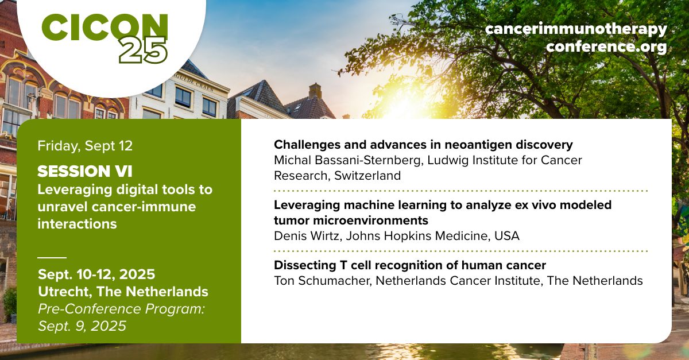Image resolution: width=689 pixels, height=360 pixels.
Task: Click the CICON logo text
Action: pos(104,27)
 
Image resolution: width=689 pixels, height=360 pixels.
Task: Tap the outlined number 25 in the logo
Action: pos(144,51)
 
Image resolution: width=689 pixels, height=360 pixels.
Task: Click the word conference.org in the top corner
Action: pos(606,47)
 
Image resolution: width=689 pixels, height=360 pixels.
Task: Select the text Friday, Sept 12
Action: pos(85,145)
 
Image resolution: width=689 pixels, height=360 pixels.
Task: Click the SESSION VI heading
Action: pos(85,171)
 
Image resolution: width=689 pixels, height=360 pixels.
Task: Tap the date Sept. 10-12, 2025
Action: pos(96,274)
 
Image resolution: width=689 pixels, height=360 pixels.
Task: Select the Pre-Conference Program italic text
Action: pos(121,309)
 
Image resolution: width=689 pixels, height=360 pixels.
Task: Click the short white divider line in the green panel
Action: pos(52,258)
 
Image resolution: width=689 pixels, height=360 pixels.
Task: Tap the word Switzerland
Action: pos(367,176)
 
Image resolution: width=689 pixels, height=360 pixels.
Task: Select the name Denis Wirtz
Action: pos(308,236)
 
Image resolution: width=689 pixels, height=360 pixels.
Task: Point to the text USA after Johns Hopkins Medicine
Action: pos(507,236)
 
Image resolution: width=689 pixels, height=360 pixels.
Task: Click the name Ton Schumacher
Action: pos(322,281)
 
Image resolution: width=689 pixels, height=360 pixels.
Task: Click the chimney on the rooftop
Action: pos(315,91)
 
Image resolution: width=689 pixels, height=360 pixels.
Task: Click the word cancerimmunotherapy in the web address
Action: pos(576,29)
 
